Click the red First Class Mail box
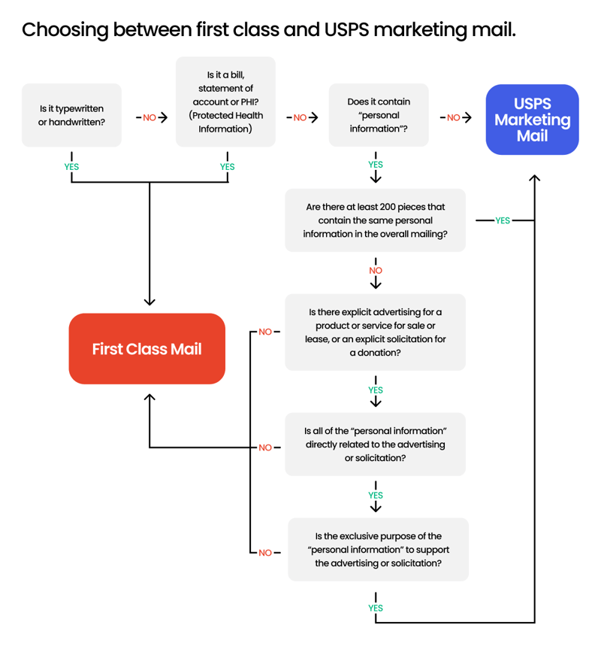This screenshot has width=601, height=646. [146, 349]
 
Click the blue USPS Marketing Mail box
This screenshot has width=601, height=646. [532, 120]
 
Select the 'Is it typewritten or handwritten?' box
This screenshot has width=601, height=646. [71, 115]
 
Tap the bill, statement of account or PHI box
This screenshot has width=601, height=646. [225, 102]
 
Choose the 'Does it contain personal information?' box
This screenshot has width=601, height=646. [379, 115]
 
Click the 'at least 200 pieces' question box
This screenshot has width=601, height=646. [375, 220]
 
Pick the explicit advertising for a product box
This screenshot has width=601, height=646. [375, 332]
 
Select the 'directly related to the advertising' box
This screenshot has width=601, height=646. [375, 444]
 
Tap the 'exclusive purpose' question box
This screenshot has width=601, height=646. [378, 550]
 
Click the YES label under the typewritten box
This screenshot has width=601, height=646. [71, 167]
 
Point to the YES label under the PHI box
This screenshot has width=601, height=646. [227, 167]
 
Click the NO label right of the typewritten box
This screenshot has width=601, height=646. [149, 118]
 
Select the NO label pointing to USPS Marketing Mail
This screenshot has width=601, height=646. [453, 118]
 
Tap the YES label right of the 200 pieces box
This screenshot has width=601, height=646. [502, 220]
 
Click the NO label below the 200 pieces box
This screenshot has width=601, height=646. [376, 270]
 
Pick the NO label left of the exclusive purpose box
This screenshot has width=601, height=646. [265, 553]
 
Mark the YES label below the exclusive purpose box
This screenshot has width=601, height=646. [376, 608]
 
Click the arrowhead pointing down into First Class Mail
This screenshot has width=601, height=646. [149, 301]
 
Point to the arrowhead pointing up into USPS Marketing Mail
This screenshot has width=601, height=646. [534, 178]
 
